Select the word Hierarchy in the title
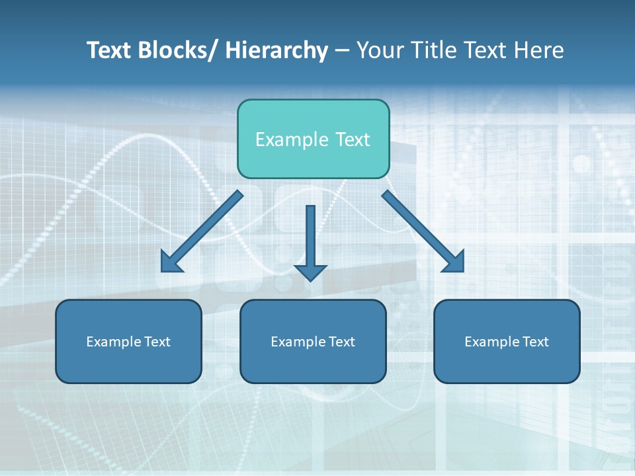coord(276,50)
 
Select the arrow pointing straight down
coord(311,238)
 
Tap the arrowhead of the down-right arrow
coord(454,262)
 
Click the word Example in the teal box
coord(292,139)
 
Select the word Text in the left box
coord(157,342)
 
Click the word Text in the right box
coord(535,342)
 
